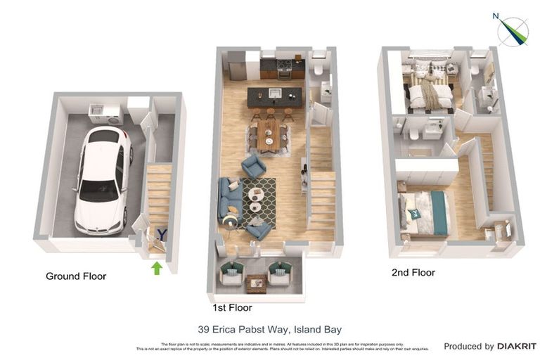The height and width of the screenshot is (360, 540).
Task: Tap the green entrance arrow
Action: tap(156, 268)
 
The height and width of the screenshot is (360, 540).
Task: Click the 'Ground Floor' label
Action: tap(76, 276)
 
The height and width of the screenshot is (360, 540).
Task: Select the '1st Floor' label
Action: tap(232, 308)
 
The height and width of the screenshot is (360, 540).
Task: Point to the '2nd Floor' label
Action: tap(413, 273)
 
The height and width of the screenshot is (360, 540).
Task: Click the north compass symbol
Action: tap(513, 32)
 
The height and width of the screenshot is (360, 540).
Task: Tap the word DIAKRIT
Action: tap(517, 347)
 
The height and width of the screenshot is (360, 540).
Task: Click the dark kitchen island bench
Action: tap(274, 96)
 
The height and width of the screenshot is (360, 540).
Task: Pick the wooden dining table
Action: tap(268, 134)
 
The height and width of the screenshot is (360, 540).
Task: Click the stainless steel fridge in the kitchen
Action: tap(236, 67)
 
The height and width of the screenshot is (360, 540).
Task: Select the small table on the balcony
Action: tap(256, 282)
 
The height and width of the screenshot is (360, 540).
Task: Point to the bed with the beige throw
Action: tap(430, 91)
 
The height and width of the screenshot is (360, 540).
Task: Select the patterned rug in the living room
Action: tap(260, 201)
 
